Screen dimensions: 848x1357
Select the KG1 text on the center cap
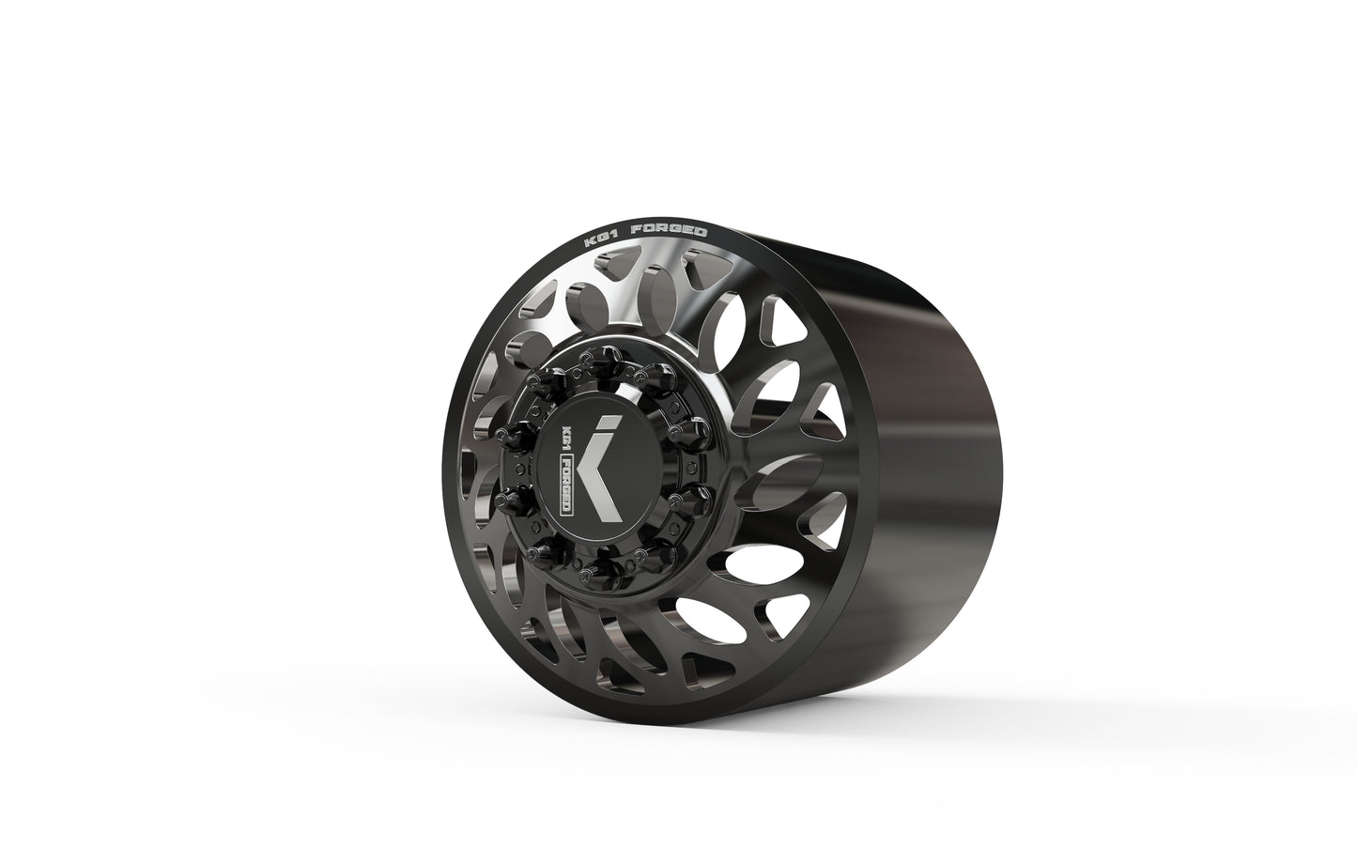tap(565, 438)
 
